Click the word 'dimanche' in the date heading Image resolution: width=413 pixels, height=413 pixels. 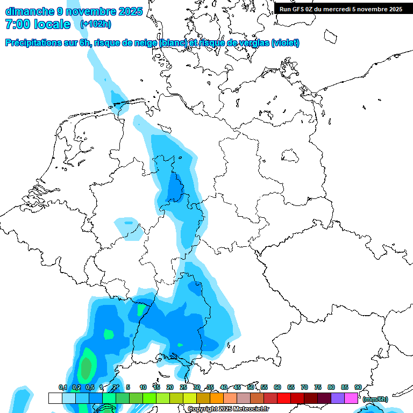[x=29, y=11]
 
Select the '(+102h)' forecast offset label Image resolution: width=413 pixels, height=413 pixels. [x=96, y=24]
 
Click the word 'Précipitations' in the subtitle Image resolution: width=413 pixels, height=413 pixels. [x=47, y=43]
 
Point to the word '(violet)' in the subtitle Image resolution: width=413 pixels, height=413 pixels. [x=285, y=43]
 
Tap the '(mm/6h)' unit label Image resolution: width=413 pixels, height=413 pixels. [x=374, y=399]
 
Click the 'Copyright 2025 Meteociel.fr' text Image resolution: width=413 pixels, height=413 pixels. [x=228, y=409]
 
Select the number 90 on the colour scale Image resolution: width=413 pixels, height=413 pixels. [x=358, y=387]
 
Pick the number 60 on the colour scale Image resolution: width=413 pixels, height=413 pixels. [x=277, y=387]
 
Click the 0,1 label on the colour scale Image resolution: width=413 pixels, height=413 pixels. [x=62, y=387]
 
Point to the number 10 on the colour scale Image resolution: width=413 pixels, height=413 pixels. [x=143, y=387]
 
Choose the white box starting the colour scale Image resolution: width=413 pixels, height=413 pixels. [x=55, y=398]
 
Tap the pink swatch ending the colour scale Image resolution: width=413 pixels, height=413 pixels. [x=351, y=398]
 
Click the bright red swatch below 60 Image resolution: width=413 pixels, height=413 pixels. [x=284, y=398]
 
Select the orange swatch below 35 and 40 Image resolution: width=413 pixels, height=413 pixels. [x=217, y=398]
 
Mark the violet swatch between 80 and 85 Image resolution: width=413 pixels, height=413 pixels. [x=338, y=398]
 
